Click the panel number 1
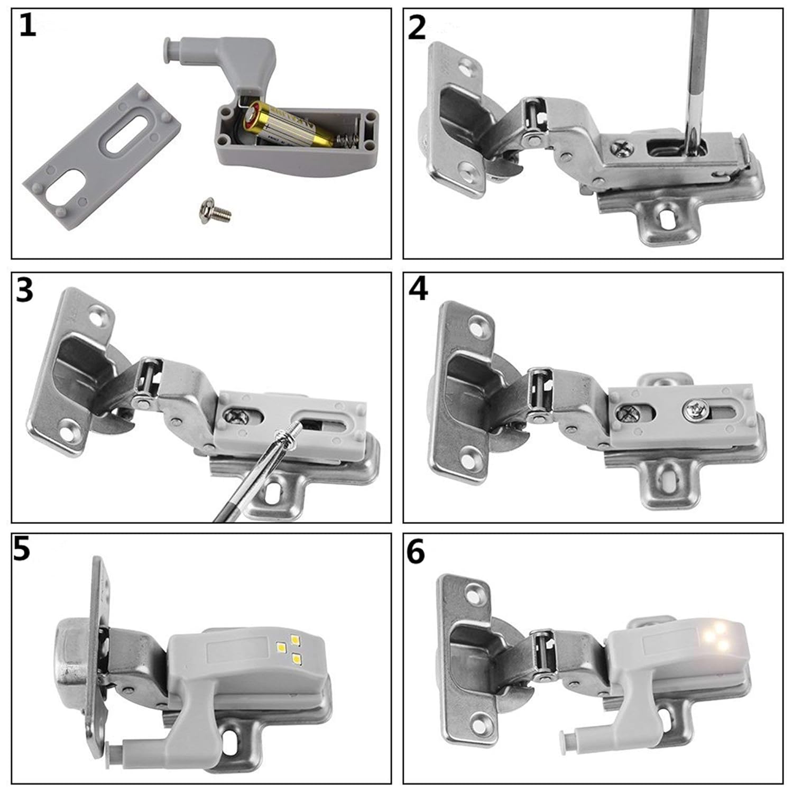pyautogui.click(x=27, y=25)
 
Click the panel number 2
pyautogui.click(x=417, y=27)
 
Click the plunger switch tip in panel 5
pyautogui.click(x=112, y=750)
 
